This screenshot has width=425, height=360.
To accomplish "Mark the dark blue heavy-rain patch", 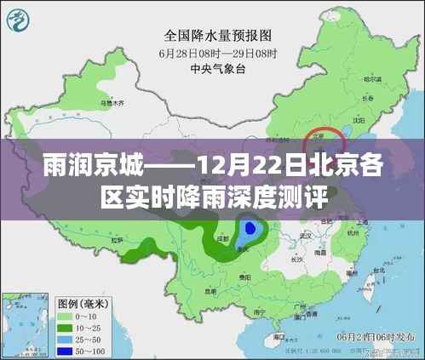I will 250,228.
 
